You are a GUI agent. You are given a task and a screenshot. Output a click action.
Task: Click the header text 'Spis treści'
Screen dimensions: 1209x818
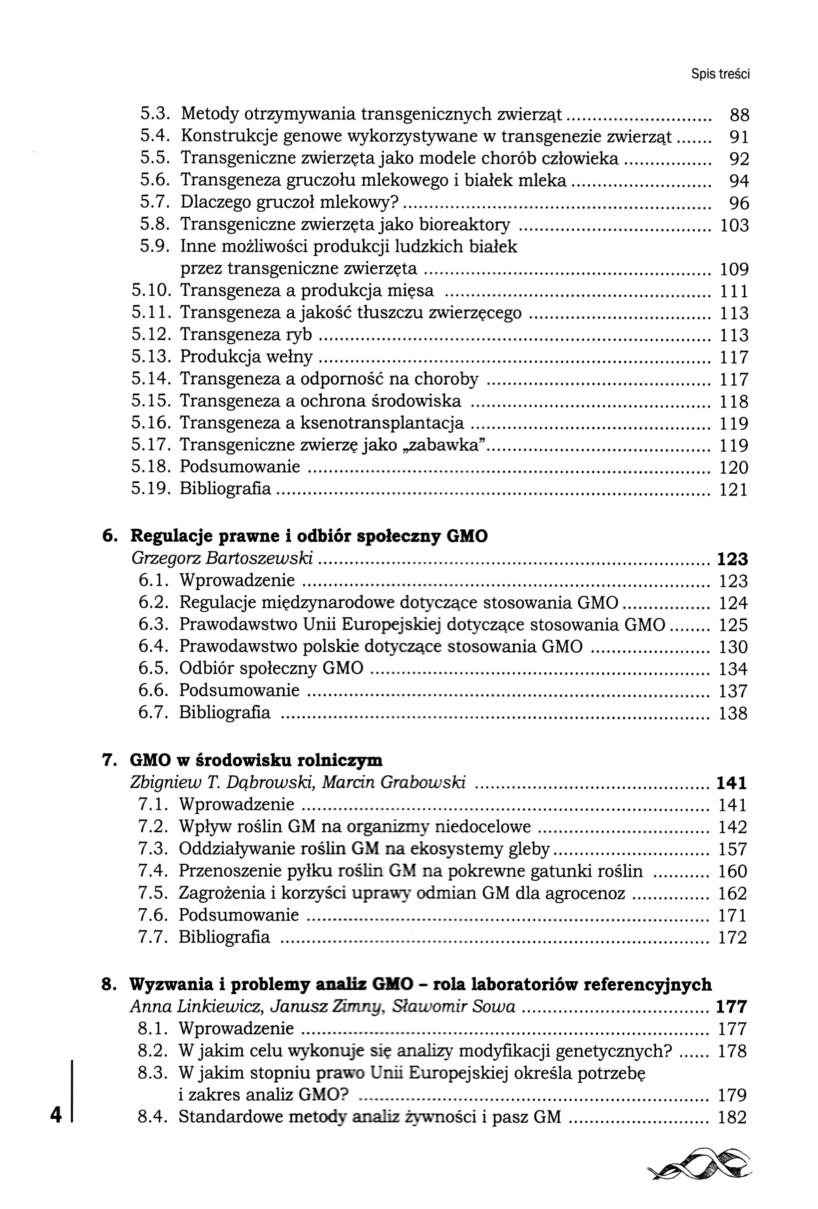tap(720, 74)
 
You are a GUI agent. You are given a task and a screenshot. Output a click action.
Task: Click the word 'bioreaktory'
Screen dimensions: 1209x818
tap(465, 224)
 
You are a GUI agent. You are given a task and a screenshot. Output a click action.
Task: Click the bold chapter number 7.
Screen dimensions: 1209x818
tap(108, 760)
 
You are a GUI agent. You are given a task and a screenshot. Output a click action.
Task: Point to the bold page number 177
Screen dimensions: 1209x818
tap(731, 1007)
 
